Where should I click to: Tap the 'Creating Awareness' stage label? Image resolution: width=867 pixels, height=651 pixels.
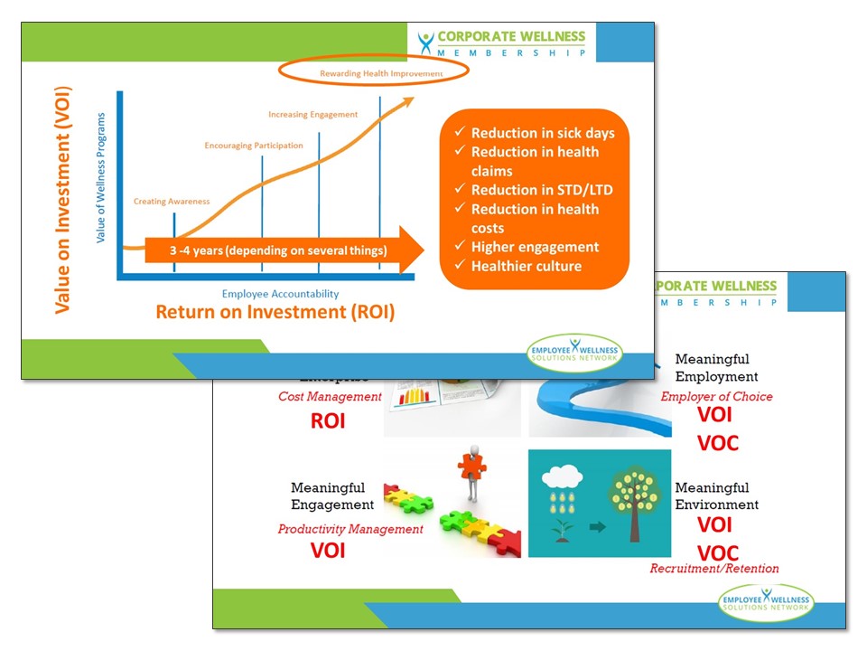pos(172,201)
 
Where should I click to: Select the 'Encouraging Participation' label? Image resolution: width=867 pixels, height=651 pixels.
pos(254,145)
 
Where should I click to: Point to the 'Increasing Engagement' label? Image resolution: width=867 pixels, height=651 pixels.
pos(312,114)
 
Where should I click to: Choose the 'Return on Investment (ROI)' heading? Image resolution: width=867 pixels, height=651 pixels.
pos(275,312)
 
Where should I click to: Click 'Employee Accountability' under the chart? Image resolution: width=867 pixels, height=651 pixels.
pos(280,294)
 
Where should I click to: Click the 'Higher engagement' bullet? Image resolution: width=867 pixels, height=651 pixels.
pos(535,247)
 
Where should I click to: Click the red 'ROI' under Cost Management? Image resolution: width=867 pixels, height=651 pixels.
pos(328,420)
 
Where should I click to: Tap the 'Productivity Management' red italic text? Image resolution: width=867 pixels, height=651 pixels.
pos(350,529)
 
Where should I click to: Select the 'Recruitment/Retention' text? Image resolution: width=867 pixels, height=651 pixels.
pos(714,568)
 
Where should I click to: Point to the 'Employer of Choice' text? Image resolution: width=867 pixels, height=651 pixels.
pos(717,396)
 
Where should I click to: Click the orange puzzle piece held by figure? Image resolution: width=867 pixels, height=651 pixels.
pos(471,466)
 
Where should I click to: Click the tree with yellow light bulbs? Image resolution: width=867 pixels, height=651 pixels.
pos(638,502)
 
